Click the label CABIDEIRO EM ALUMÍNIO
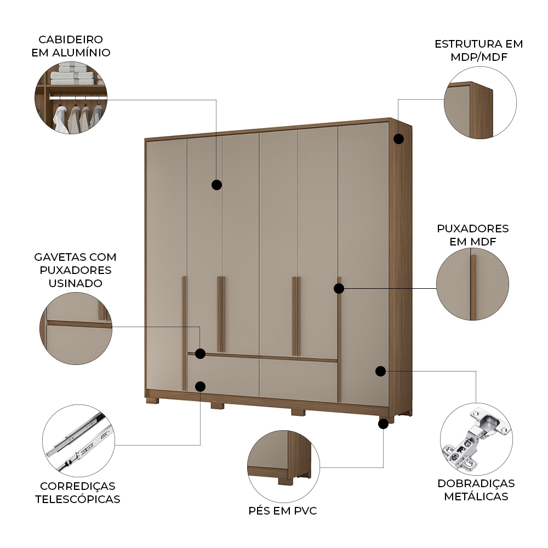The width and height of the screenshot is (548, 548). pos(74,46)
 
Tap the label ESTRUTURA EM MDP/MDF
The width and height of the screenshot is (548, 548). pos(478,50)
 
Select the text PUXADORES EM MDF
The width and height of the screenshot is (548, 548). pos(472,235)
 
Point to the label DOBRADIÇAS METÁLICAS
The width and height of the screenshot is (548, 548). pos(476,490)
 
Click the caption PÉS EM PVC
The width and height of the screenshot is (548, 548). pos(282,511)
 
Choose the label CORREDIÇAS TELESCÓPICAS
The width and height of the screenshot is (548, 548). pos(77,493)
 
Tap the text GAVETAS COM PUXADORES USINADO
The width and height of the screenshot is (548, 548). pos(75,270)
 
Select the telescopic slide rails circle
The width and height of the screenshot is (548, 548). pos(78,441)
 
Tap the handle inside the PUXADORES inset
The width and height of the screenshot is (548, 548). pos(472,287)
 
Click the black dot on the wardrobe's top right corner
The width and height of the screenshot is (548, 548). pos(398,139)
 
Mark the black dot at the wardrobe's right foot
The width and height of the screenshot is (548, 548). pos(384,423)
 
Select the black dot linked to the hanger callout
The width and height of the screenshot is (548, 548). pos(216,185)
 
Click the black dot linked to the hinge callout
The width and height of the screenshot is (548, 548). pos(380,371)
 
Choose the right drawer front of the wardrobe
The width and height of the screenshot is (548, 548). pos(298,379)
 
